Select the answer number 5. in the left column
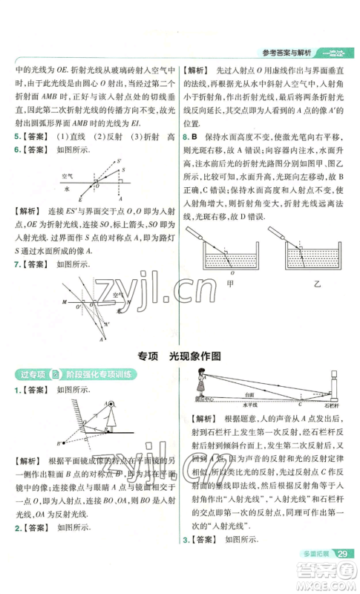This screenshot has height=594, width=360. [x=18, y=137]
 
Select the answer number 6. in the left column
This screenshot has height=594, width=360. [x=18, y=149]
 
